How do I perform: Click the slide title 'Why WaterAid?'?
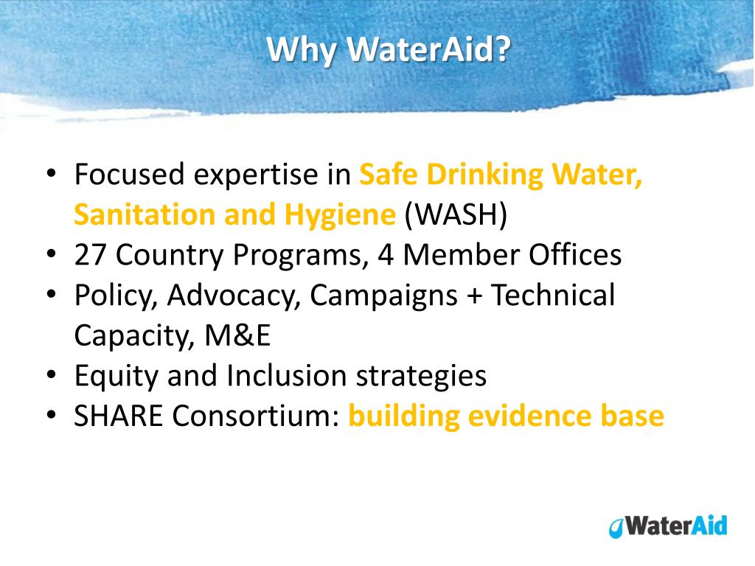[389, 49]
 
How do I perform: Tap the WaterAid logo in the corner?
[668, 525]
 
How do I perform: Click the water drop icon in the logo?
[615, 528]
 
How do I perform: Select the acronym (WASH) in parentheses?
[456, 215]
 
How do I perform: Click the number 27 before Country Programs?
[91, 256]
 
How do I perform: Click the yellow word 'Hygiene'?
[340, 215]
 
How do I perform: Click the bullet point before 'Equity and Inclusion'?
[52, 377]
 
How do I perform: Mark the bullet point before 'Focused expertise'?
[52, 175]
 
